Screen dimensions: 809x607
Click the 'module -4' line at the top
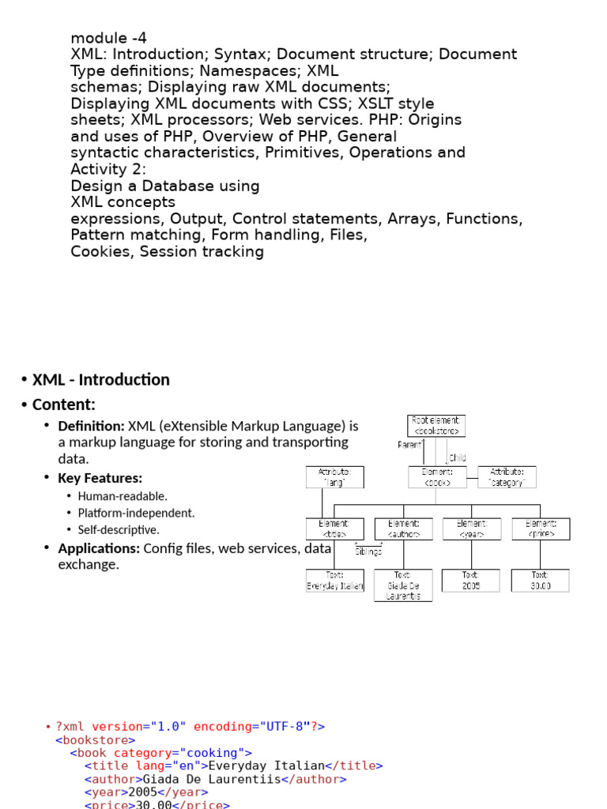coord(108,38)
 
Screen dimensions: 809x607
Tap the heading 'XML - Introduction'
coord(100,380)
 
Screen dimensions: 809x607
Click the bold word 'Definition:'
coord(91,426)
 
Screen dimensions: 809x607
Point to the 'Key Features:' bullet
coord(100,478)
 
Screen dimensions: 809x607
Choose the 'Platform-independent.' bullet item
coord(136,513)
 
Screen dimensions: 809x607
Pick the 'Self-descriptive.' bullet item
coord(119,530)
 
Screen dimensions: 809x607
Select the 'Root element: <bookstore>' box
coord(436,426)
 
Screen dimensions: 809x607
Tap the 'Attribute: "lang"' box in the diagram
coord(334,476)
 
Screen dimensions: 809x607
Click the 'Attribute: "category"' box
coord(507,476)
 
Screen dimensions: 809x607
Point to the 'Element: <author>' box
coord(403,529)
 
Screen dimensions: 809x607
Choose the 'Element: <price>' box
coord(541,529)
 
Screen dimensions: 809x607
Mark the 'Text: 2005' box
coord(471,581)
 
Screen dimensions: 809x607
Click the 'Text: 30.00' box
coord(541,581)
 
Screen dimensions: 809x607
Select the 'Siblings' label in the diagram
coord(368,551)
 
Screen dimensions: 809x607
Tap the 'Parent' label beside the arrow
coord(409,445)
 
